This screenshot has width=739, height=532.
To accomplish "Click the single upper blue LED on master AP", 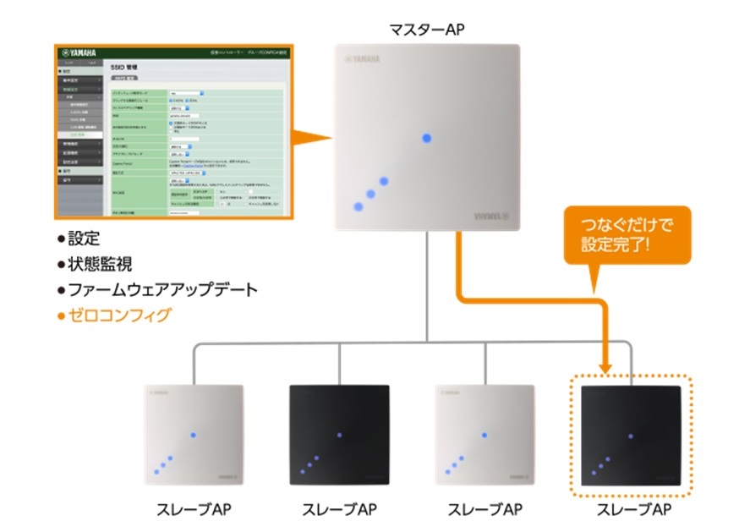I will click(x=427, y=138).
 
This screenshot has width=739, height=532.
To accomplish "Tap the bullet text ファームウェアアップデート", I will click(x=156, y=290).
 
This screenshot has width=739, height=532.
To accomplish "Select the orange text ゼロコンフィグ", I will click(x=113, y=315).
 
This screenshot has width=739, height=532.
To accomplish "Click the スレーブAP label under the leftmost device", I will click(x=194, y=510).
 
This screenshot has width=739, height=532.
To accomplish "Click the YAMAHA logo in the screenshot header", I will click(x=78, y=52).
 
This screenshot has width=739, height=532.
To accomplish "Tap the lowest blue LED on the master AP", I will click(x=359, y=206).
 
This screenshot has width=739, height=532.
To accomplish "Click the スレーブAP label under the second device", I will click(x=339, y=510).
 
